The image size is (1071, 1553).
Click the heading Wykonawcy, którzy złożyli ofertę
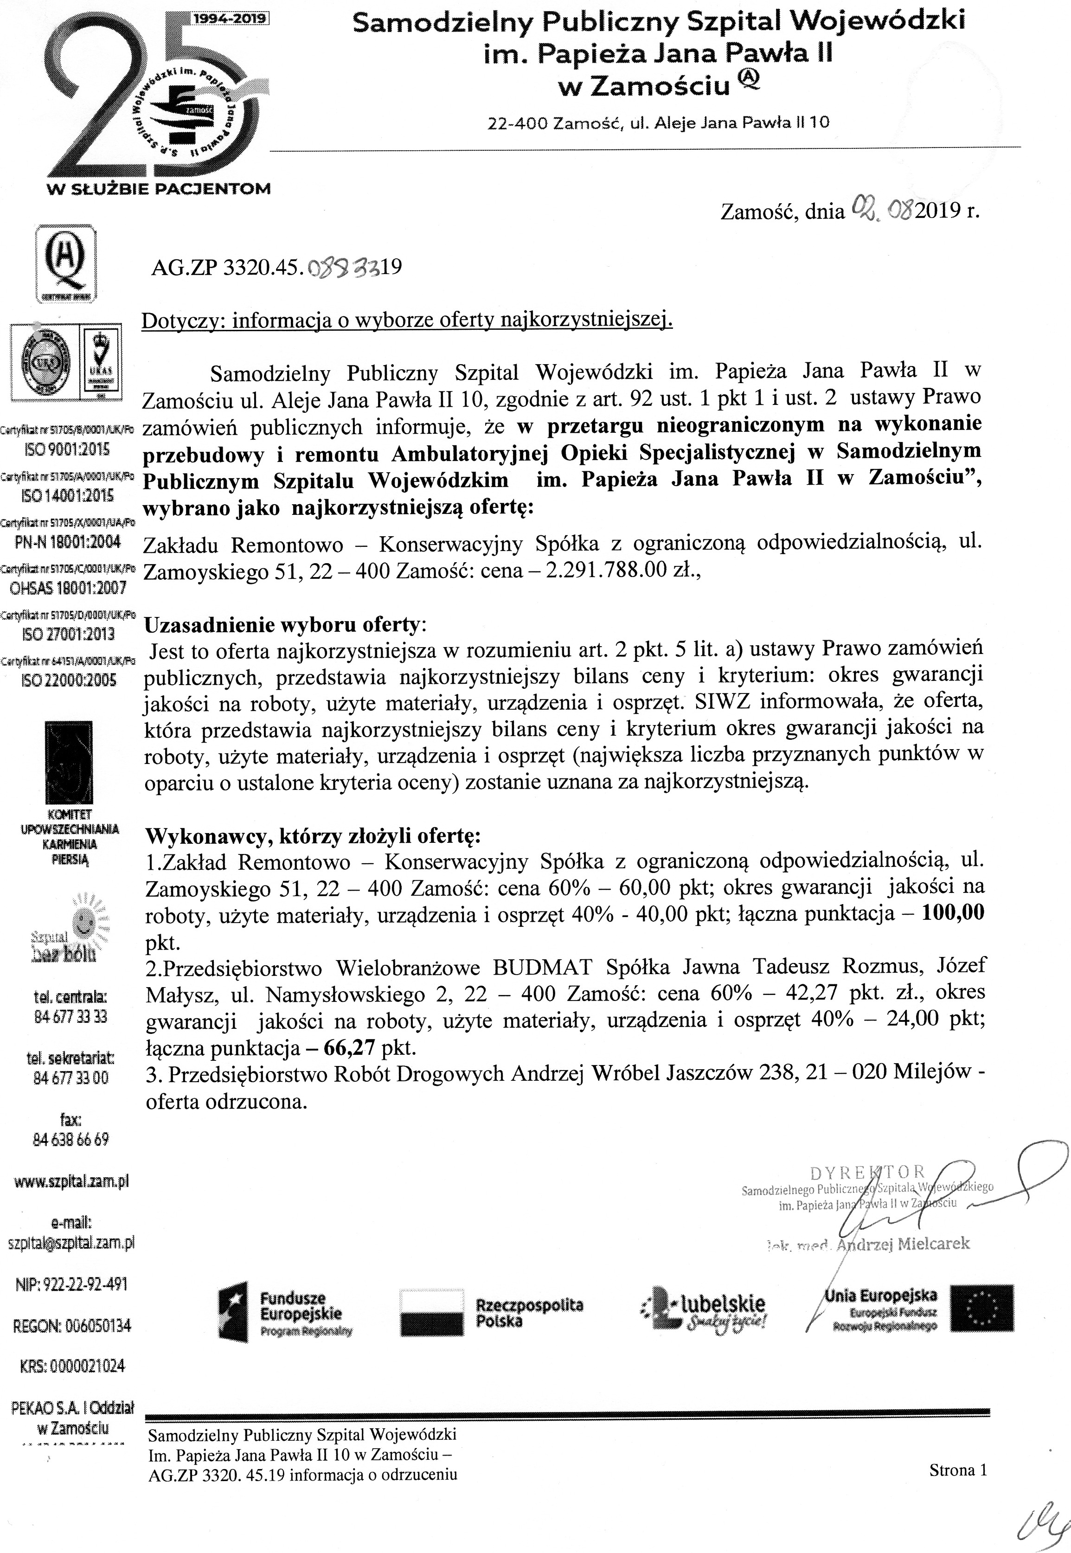313,837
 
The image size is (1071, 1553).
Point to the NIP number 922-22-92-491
71,1284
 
